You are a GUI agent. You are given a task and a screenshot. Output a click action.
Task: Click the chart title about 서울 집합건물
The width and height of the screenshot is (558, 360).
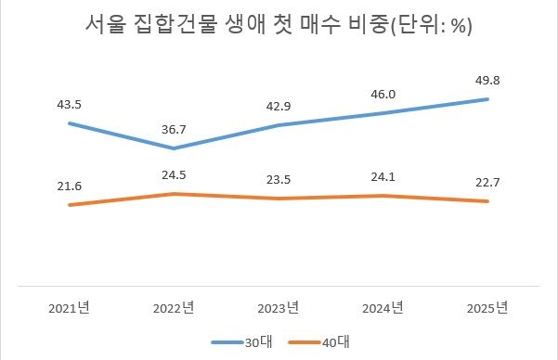pos(279,25)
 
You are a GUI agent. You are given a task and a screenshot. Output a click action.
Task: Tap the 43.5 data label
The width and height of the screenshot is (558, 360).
pos(69,104)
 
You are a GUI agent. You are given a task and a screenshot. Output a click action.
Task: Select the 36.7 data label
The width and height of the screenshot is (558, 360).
pos(174,129)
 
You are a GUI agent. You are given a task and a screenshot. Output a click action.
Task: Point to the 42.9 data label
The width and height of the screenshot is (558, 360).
pos(279,106)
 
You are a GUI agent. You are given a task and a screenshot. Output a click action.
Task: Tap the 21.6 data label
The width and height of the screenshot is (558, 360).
pos(69,186)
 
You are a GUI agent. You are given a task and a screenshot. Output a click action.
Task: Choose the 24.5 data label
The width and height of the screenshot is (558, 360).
pos(174,175)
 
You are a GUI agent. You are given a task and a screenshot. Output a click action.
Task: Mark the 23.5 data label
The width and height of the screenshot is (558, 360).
pos(279,180)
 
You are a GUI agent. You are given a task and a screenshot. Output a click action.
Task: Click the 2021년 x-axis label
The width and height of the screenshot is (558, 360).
pos(69,307)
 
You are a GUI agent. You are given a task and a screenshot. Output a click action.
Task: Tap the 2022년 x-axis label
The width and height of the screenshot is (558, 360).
pos(174,307)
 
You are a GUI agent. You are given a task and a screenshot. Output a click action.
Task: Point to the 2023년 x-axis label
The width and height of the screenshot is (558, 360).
pos(279,307)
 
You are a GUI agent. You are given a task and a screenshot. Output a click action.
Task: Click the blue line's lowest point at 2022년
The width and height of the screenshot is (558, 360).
pos(174,148)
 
